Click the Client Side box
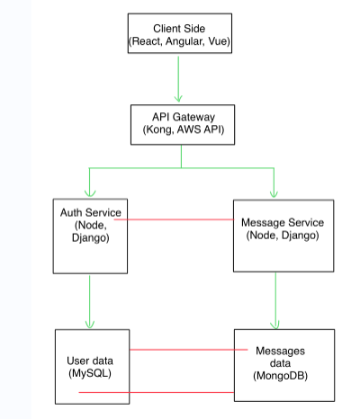pos(180,33)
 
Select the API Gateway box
pos(183,125)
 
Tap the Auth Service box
pos(90,236)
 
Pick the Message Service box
pos(283,236)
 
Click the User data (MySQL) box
pos(92,367)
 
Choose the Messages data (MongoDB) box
pos(284,365)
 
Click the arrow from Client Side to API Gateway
pos(178,79)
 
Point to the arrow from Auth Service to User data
pos(90,302)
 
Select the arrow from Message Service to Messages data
pos(275,300)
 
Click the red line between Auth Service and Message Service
pos(174,219)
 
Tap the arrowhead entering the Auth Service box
pos(90,193)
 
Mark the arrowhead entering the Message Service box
pos(274,193)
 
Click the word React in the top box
pos(146,41)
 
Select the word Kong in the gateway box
pos(158,129)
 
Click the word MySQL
pos(90,373)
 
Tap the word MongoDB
pos(281,376)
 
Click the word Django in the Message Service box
pos(299,236)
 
